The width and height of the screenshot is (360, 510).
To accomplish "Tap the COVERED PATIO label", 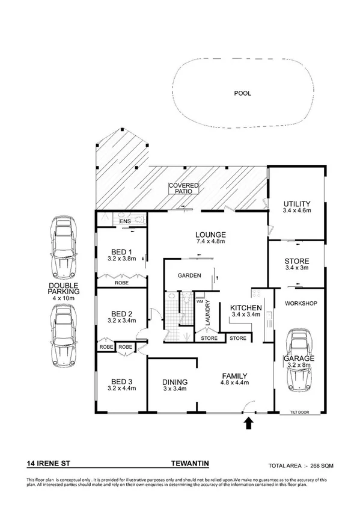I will coord(183,188).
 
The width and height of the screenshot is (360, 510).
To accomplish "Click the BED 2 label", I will coord(122,313).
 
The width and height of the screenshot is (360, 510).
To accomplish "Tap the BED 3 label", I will coord(122,381).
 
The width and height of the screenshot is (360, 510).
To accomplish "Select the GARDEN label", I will coord(188,276).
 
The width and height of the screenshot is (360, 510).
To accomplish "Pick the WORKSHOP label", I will coord(301,304).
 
